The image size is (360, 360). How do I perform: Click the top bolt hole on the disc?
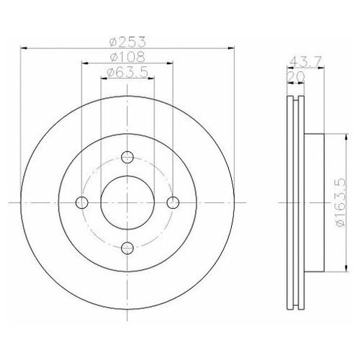(x=127, y=158)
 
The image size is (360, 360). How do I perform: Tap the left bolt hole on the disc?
(x=82, y=202)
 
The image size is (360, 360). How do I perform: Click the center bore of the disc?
(x=127, y=202)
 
